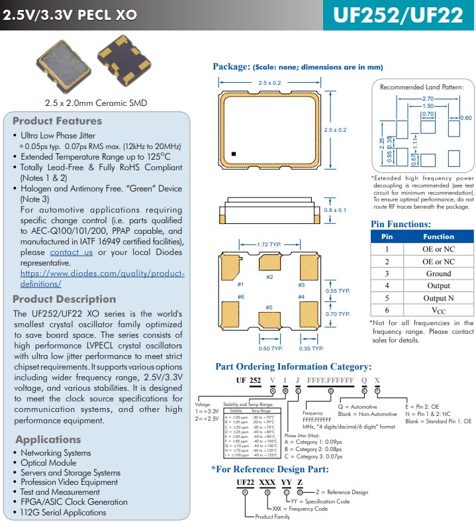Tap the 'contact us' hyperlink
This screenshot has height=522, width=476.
point(71,252)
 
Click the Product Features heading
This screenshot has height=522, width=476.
point(58,121)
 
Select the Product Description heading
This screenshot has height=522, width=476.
point(64,299)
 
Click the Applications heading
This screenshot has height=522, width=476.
point(48,439)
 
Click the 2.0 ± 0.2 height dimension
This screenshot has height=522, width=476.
point(335,130)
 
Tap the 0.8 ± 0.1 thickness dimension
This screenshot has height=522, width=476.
point(336,210)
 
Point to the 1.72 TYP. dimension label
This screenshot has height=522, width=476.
point(269,244)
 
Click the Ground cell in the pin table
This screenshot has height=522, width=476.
point(438,274)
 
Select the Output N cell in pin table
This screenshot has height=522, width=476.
point(438,298)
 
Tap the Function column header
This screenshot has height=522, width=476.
point(438,236)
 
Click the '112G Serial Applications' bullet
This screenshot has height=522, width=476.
point(64,512)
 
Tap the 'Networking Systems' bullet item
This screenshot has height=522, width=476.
point(56,453)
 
